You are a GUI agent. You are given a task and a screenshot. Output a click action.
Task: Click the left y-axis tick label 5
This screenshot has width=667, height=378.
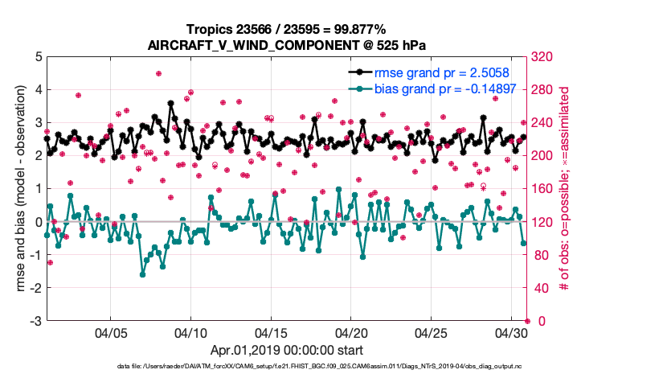pyautogui.click(x=39, y=57)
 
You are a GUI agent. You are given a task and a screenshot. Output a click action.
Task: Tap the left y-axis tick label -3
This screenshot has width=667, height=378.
pyautogui.click(x=36, y=321)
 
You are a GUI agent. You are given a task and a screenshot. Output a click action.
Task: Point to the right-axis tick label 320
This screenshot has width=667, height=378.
pyautogui.click(x=545, y=57)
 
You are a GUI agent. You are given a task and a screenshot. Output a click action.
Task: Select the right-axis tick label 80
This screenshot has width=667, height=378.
pyautogui.click(x=542, y=255)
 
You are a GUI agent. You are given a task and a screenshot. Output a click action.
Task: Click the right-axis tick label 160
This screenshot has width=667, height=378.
pyautogui.click(x=545, y=189)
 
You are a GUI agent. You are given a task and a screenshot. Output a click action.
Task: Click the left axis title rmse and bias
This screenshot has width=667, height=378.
pyautogui.click(x=17, y=189)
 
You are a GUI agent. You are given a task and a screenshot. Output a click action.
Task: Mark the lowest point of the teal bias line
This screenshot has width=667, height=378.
pyautogui.click(x=143, y=274)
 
